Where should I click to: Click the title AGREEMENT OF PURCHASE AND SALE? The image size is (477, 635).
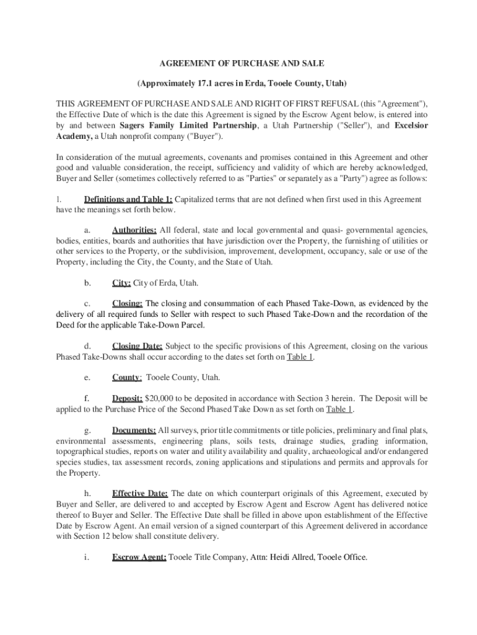point(242,63)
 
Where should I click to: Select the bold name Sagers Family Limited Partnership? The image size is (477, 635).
point(188,126)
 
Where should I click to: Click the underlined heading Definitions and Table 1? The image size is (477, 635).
point(128,200)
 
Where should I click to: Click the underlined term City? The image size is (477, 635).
point(121,283)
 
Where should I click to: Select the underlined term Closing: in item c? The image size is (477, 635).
point(127,304)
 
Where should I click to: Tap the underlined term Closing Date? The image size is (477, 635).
point(137,346)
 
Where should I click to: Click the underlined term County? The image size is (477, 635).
point(126,377)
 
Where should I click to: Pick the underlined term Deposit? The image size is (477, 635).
point(127,398)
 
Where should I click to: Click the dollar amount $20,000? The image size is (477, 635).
point(160,398)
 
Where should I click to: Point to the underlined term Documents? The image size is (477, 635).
point(134,430)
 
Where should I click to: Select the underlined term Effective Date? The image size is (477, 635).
point(139,494)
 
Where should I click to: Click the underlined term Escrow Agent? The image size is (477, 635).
point(139,557)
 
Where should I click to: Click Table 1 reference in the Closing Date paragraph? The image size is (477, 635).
point(300,357)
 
